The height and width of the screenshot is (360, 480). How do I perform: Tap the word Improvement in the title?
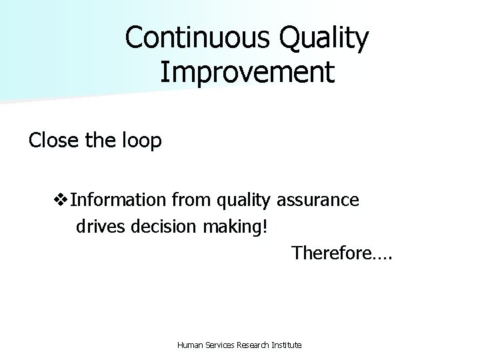coord(247,72)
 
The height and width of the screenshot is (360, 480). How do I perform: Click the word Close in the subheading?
coord(51,141)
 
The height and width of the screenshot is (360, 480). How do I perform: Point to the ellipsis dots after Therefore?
coord(381,257)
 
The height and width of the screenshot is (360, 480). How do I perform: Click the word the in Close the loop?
coord(95,141)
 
